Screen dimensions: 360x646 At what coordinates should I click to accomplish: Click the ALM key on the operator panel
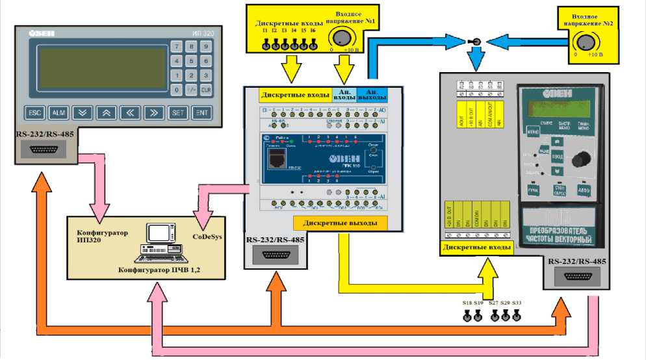pyautogui.click(x=58, y=112)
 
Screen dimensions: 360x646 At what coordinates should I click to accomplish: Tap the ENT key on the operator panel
pyautogui.click(x=202, y=112)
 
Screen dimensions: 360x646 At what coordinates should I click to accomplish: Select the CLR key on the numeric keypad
pyautogui.click(x=206, y=89)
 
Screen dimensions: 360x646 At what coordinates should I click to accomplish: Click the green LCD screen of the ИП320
pyautogui.click(x=101, y=67)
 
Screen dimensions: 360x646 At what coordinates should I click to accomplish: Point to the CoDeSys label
pyautogui.click(x=208, y=237)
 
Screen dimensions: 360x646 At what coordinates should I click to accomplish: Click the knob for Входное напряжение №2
pyautogui.click(x=585, y=42)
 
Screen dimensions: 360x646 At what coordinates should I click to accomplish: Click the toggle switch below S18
pyautogui.click(x=467, y=316)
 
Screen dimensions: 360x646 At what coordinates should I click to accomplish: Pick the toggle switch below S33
pyautogui.click(x=517, y=316)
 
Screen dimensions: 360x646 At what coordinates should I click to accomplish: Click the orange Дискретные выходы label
pyautogui.click(x=340, y=223)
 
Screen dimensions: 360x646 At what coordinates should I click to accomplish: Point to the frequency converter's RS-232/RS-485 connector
pyautogui.click(x=578, y=277)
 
